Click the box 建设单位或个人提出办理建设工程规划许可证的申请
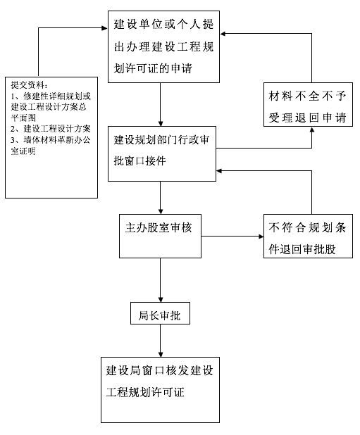click(161, 46)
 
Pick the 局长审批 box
click(159, 315)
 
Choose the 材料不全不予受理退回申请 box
click(306, 106)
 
